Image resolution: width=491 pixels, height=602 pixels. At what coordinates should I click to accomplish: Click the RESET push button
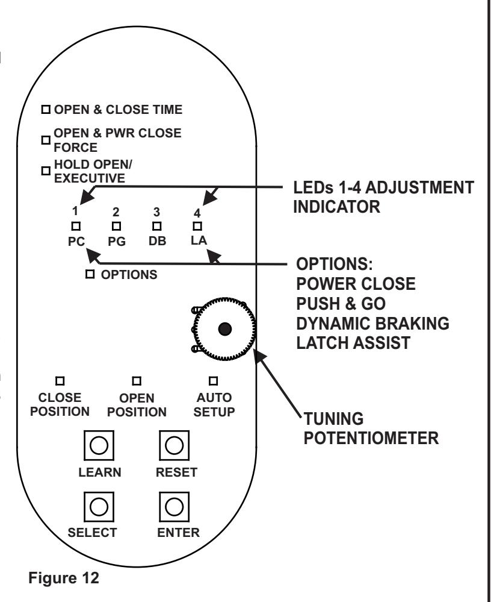tap(174, 445)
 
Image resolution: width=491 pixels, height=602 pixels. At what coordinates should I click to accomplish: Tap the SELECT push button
tap(99, 507)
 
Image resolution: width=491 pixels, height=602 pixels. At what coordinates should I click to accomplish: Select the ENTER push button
tap(174, 507)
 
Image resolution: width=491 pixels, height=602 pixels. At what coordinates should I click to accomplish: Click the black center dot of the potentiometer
tap(224, 329)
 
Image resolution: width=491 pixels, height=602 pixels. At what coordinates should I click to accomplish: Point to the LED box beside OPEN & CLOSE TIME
tap(46, 110)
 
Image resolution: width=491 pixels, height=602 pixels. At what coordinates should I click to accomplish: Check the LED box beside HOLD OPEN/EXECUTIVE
tap(46, 171)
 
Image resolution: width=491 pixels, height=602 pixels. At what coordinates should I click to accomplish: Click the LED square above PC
tap(76, 226)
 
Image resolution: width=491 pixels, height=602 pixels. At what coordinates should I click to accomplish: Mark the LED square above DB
tap(157, 226)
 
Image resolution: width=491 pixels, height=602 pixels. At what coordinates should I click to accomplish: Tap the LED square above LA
tap(197, 226)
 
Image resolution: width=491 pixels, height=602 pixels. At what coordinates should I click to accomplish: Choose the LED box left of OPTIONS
tap(90, 274)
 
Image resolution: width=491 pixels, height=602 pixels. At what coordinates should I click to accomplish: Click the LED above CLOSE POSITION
tap(60, 381)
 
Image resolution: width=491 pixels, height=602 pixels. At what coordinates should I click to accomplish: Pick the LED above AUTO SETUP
tap(213, 381)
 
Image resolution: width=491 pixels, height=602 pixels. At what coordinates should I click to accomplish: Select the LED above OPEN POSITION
tap(137, 381)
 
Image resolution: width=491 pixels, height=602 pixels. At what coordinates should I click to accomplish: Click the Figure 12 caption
tap(64, 578)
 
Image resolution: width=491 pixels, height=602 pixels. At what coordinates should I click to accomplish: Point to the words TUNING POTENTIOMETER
tap(371, 428)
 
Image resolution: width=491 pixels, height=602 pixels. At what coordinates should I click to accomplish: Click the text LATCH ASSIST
tap(353, 343)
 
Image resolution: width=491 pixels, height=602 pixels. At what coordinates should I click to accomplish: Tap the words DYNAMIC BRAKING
tap(372, 323)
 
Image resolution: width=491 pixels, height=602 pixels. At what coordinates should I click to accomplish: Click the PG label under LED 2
tap(117, 242)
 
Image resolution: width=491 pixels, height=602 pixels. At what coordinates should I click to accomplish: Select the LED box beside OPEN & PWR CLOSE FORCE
tap(46, 140)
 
